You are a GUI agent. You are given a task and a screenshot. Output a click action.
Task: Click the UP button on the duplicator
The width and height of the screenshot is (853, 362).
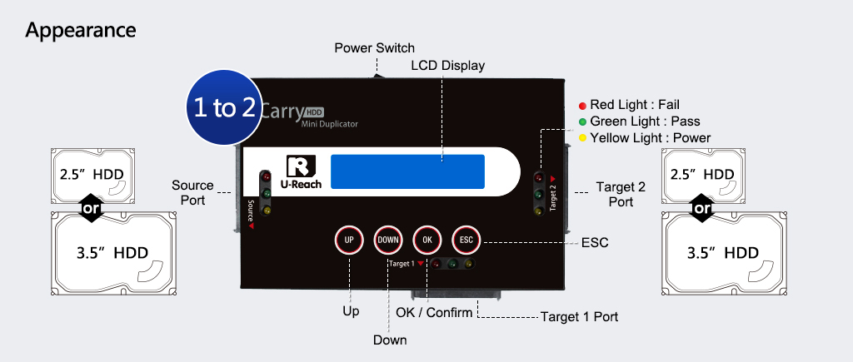pyautogui.click(x=349, y=240)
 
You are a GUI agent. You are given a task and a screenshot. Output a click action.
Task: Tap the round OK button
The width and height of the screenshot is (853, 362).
pyautogui.click(x=426, y=240)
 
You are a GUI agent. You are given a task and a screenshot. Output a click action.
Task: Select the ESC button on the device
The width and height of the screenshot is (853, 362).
pyautogui.click(x=466, y=240)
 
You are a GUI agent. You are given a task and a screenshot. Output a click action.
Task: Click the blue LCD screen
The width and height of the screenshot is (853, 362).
pyautogui.click(x=407, y=171)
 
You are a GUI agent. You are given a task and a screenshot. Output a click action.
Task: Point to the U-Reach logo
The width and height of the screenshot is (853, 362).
pyautogui.click(x=298, y=172)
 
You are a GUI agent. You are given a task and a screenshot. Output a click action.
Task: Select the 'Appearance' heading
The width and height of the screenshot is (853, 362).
pyautogui.click(x=81, y=31)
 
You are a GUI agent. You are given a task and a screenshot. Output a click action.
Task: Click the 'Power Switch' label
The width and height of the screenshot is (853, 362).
pyautogui.click(x=374, y=47)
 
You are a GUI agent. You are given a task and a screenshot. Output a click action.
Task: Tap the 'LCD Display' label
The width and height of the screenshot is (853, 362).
pyautogui.click(x=447, y=65)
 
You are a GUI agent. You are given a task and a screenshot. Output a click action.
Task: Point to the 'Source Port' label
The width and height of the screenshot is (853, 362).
pyautogui.click(x=192, y=192)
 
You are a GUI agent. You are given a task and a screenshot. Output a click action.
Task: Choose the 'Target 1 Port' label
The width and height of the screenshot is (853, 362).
pyautogui.click(x=579, y=317)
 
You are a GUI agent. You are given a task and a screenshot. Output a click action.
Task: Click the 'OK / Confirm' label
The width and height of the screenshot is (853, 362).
pyautogui.click(x=433, y=312)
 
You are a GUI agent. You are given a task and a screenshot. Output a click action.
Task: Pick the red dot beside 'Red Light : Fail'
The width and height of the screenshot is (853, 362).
pyautogui.click(x=582, y=105)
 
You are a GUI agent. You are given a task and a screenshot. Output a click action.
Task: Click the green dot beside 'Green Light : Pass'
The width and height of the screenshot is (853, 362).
pyautogui.click(x=582, y=121)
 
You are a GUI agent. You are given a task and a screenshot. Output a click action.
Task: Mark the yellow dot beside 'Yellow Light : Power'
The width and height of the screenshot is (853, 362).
pyautogui.click(x=582, y=138)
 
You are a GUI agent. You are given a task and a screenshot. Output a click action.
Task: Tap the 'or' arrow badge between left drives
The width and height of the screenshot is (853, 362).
pyautogui.click(x=92, y=208)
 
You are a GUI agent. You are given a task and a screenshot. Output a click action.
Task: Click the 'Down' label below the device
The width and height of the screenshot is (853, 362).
pyautogui.click(x=389, y=340)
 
